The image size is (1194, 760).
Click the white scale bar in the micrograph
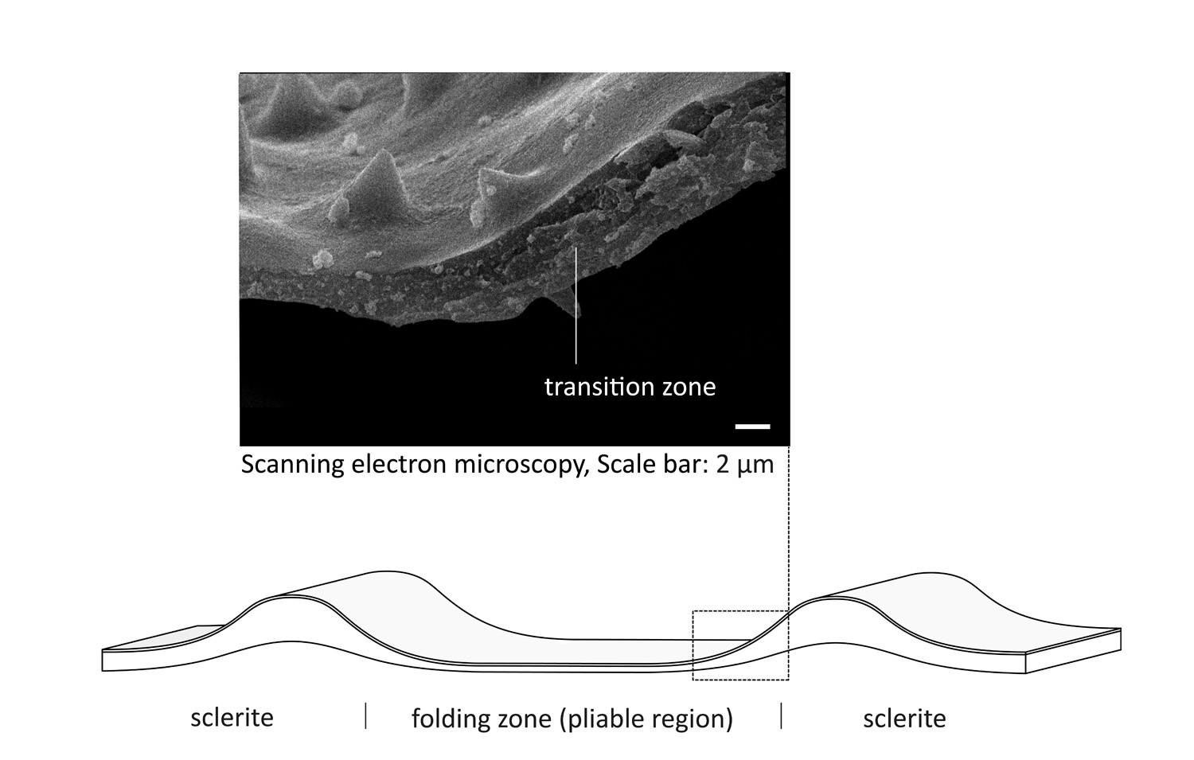tap(753, 427)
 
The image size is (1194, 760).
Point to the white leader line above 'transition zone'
tap(576, 306)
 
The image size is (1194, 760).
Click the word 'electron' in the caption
tap(399, 464)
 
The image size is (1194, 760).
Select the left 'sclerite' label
tap(232, 717)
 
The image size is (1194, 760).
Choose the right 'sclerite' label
tap(904, 719)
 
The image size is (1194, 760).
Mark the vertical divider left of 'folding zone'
tap(365, 715)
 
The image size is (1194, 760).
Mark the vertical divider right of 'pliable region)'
tap(782, 715)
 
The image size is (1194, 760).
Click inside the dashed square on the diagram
tap(740, 645)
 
